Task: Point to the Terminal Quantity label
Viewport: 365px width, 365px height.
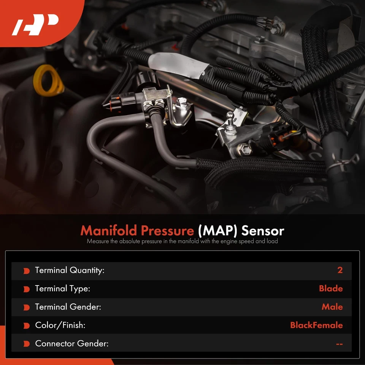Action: (70, 270)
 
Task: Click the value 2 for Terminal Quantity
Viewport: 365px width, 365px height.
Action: (340, 270)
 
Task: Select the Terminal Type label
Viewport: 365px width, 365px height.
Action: (62, 289)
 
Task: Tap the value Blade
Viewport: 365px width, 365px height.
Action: (331, 289)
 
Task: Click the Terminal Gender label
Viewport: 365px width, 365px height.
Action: (68, 307)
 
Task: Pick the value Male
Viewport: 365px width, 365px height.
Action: (332, 307)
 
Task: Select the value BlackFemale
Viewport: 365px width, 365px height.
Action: (316, 325)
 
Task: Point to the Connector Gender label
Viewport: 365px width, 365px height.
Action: (72, 343)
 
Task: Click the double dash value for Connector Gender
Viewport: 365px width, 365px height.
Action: (339, 344)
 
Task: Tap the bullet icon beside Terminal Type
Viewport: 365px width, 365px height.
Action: (26, 289)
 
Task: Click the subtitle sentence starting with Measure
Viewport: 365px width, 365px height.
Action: (182, 241)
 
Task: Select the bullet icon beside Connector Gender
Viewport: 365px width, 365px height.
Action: (26, 344)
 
